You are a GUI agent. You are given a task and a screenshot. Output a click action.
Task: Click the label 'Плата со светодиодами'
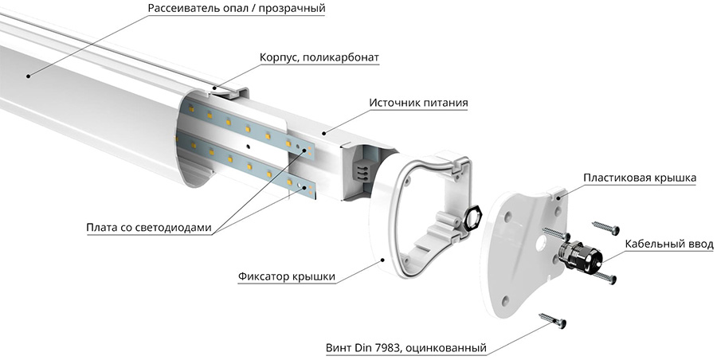click(x=149, y=228)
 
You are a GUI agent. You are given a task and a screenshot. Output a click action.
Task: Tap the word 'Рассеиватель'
click(x=187, y=8)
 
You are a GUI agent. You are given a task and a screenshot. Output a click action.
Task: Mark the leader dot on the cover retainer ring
click(x=383, y=259)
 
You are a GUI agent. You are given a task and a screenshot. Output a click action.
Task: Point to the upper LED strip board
click(x=247, y=127)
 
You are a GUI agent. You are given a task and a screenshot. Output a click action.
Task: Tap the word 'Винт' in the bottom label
click(x=341, y=348)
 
